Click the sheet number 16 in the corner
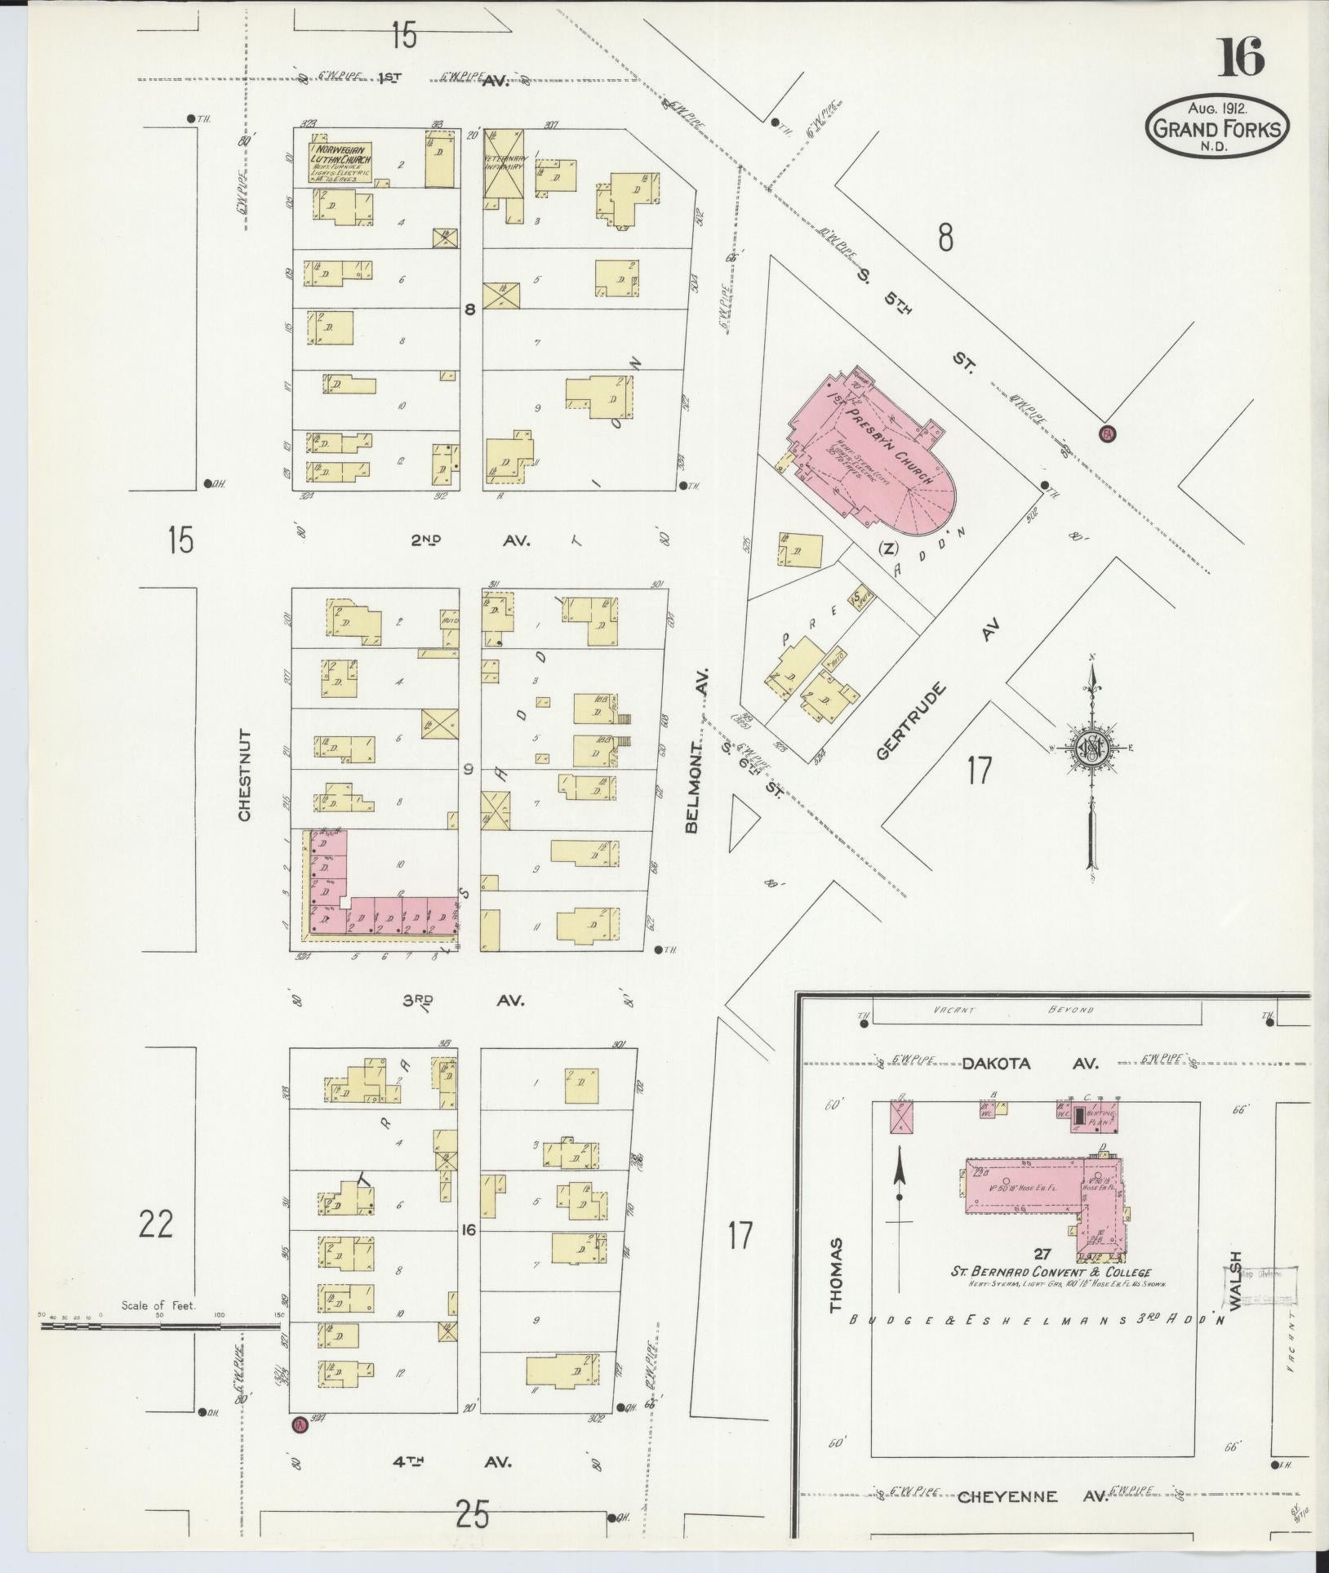click(x=1241, y=57)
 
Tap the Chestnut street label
click(x=245, y=775)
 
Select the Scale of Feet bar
click(x=159, y=1326)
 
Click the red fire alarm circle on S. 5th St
click(x=1108, y=433)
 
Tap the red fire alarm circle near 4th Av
click(x=299, y=1424)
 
